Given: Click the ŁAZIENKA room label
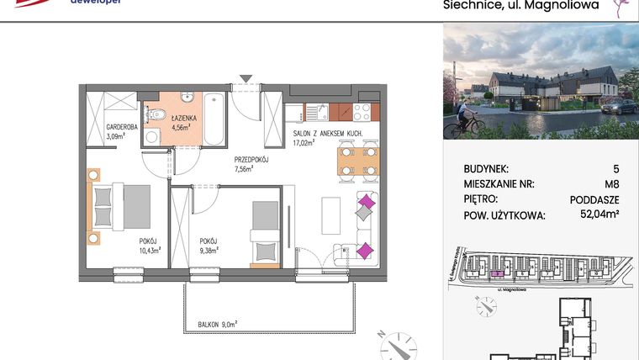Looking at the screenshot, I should [x=183, y=119].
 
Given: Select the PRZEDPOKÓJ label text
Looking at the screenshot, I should [x=251, y=158].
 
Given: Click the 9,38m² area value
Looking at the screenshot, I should [x=209, y=249].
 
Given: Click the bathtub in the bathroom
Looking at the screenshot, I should [x=214, y=119].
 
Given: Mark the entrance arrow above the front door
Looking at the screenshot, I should [x=245, y=79].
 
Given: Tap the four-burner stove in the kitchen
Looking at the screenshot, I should [x=362, y=110].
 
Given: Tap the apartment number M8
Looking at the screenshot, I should [x=610, y=183].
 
